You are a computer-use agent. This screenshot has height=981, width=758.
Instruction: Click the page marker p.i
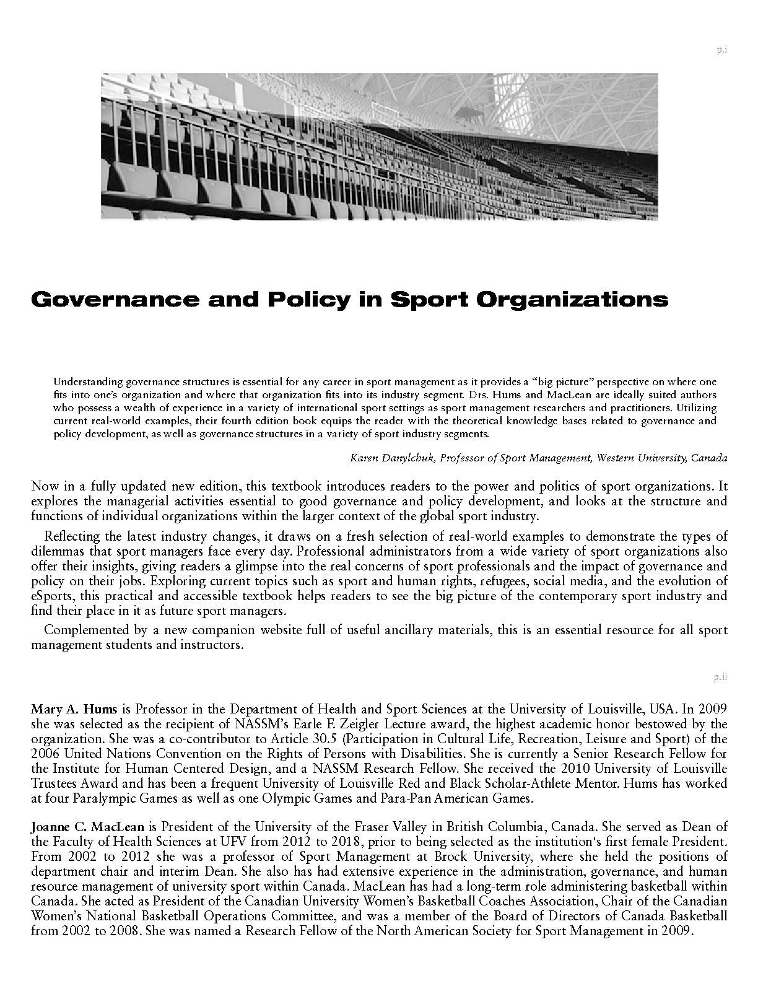click(x=721, y=50)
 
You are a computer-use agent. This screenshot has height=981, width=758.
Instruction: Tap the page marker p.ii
click(x=720, y=677)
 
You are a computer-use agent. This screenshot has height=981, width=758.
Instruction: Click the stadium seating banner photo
click(x=379, y=146)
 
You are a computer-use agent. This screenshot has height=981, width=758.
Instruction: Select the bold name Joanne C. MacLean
click(x=87, y=827)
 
